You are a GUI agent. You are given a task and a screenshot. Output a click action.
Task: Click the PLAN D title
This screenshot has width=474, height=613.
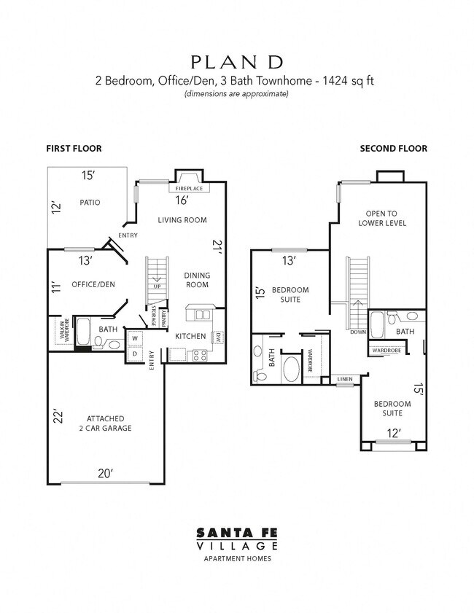click(236, 61)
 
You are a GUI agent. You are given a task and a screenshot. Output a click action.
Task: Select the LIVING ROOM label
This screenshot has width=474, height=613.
click(182, 220)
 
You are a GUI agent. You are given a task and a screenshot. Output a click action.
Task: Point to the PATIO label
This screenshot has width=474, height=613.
click(89, 203)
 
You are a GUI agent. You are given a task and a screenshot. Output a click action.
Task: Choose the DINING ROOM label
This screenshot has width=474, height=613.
click(197, 280)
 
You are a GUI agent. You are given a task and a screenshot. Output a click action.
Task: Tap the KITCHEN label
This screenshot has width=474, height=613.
click(190, 336)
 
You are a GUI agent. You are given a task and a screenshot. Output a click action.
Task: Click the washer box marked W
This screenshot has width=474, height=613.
click(136, 339)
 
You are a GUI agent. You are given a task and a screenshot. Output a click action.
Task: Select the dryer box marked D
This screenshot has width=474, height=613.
click(136, 354)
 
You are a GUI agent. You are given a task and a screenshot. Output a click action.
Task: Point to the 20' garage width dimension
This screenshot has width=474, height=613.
click(106, 474)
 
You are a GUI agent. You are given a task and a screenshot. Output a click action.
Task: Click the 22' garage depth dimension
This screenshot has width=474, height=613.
click(58, 417)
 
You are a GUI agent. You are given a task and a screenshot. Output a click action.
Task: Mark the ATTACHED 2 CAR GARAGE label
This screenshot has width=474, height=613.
click(109, 423)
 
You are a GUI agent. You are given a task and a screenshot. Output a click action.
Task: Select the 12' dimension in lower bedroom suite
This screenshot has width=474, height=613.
click(394, 434)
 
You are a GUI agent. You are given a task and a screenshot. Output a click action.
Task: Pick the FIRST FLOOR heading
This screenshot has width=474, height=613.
click(74, 149)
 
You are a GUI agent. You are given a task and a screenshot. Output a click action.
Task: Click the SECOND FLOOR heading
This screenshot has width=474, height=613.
click(393, 149)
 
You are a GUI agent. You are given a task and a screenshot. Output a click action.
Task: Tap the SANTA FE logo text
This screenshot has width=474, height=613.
click(236, 533)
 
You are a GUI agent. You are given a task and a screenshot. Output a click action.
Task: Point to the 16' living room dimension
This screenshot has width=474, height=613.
click(182, 200)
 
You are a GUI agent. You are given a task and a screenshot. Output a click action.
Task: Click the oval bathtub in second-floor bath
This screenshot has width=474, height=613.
click(291, 369)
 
